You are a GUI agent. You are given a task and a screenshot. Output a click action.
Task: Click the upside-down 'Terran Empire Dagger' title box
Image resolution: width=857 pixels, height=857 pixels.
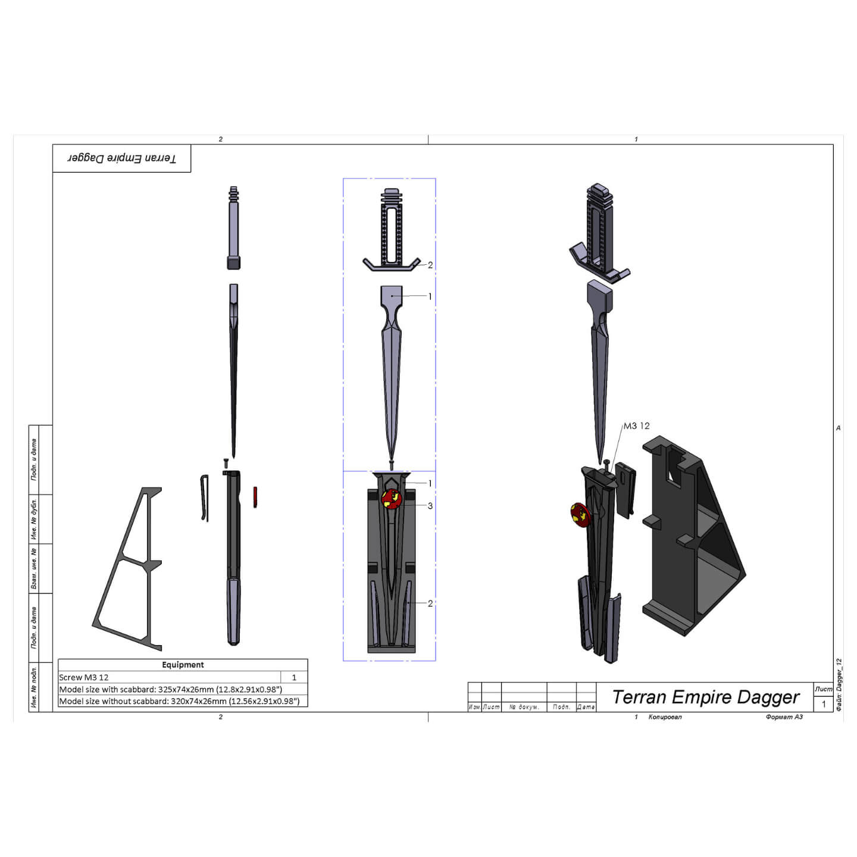click(121, 158)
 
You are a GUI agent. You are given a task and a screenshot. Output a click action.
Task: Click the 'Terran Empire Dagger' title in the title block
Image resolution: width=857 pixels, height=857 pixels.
click(705, 697)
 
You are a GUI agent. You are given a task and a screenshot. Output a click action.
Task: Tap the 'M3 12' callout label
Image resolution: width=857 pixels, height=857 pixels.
click(636, 426)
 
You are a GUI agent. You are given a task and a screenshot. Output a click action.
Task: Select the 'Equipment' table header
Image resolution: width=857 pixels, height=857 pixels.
click(183, 665)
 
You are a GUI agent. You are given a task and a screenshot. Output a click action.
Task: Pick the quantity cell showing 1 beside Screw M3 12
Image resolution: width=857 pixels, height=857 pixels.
click(294, 677)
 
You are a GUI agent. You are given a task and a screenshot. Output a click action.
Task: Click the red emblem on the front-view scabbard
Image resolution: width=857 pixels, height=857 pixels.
click(391, 499)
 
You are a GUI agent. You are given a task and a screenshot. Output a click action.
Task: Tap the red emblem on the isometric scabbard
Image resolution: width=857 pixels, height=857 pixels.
click(578, 515)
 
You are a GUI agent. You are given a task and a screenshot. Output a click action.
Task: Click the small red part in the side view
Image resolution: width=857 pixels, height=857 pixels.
click(255, 497)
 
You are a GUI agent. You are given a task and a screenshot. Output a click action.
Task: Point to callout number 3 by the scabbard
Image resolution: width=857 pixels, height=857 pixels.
click(430, 506)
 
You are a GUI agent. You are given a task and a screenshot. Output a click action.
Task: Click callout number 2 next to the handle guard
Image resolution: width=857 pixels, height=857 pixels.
click(430, 265)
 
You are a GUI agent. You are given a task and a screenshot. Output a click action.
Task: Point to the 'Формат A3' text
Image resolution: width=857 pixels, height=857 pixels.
click(784, 717)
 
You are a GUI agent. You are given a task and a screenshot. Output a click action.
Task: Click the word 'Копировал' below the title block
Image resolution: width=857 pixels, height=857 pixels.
click(665, 717)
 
